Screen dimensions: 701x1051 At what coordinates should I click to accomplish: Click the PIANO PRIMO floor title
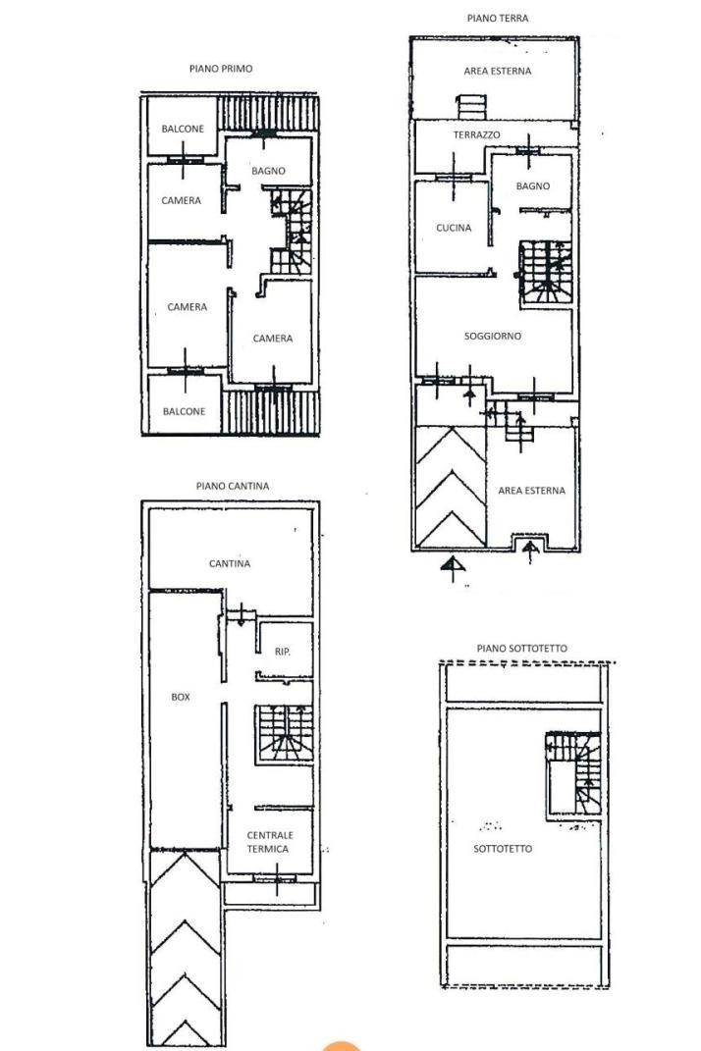coord(221,69)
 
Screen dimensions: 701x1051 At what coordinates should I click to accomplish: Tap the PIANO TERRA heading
coord(497,18)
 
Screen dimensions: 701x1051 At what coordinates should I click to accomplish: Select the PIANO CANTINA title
coord(232,486)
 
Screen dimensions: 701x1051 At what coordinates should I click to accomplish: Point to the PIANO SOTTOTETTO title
coord(522,648)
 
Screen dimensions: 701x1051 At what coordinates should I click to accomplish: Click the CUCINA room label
coord(454,228)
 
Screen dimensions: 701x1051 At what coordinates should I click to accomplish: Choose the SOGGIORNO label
coord(493,336)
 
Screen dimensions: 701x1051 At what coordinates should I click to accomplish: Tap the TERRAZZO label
coord(476,134)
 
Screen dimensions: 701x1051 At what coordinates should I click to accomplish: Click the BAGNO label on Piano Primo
coord(268,171)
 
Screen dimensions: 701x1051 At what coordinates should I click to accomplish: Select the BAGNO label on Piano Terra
coord(533,185)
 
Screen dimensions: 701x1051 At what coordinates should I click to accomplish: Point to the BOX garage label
coord(181,697)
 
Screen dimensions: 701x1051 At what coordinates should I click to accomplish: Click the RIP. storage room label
coord(283,652)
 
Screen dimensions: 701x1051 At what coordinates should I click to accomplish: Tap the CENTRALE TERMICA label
coord(270,842)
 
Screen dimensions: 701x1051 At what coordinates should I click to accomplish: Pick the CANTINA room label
coord(230,563)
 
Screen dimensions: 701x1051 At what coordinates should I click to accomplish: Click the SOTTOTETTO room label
coord(503,849)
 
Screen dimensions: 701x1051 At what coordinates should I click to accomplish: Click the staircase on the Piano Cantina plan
coord(284,733)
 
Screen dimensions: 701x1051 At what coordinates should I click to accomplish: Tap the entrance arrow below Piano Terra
coord(454,567)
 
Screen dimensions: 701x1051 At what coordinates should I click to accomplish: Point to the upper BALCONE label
coord(183,129)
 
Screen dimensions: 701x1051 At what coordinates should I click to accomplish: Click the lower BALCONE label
coord(184,411)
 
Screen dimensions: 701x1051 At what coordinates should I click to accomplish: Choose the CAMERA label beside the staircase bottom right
coord(272,339)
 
